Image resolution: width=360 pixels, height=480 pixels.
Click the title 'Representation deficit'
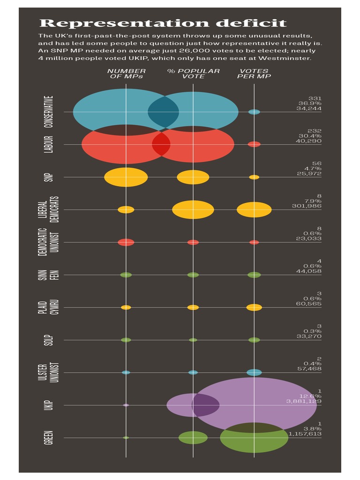click(x=163, y=23)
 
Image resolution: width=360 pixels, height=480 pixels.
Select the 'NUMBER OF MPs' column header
click(x=126, y=74)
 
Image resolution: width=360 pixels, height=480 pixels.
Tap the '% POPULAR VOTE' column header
click(x=193, y=74)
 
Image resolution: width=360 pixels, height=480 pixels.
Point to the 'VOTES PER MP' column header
click(x=254, y=74)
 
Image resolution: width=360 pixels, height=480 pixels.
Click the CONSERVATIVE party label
click(x=49, y=112)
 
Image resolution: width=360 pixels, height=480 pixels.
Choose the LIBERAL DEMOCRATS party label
click(x=49, y=210)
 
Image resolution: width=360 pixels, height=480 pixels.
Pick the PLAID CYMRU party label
click(x=49, y=307)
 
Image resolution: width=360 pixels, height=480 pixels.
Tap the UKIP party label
click(x=49, y=405)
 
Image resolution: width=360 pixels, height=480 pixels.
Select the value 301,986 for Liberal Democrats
click(x=308, y=206)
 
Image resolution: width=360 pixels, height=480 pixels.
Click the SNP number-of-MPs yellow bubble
click(x=126, y=177)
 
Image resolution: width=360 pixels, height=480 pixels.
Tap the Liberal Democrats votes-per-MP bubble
click(x=254, y=210)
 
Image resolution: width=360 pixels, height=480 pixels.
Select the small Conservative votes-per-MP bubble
click(x=254, y=112)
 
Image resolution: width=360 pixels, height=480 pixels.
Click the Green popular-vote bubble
click(x=193, y=437)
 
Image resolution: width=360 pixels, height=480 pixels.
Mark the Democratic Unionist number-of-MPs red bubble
click(x=126, y=242)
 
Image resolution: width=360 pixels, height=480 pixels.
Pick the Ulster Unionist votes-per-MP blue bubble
click(x=254, y=373)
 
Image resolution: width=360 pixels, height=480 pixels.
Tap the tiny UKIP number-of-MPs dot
click(x=126, y=405)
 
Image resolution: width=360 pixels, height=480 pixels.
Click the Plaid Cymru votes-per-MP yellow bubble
click(x=254, y=307)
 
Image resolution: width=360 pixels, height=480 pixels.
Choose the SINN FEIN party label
click(x=49, y=275)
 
